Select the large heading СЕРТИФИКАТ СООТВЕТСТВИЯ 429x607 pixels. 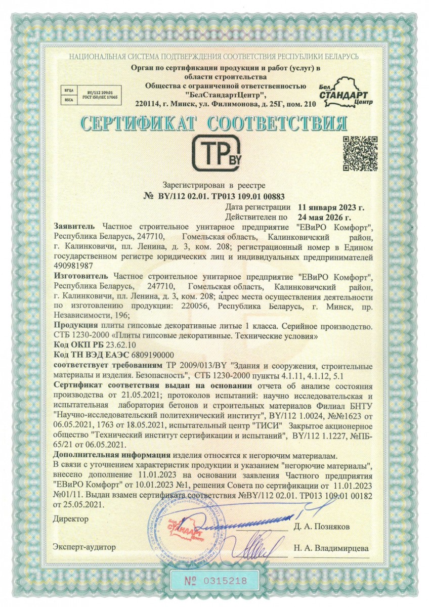point(214,123)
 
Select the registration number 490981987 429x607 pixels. point(73,266)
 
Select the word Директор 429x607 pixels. point(70,519)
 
